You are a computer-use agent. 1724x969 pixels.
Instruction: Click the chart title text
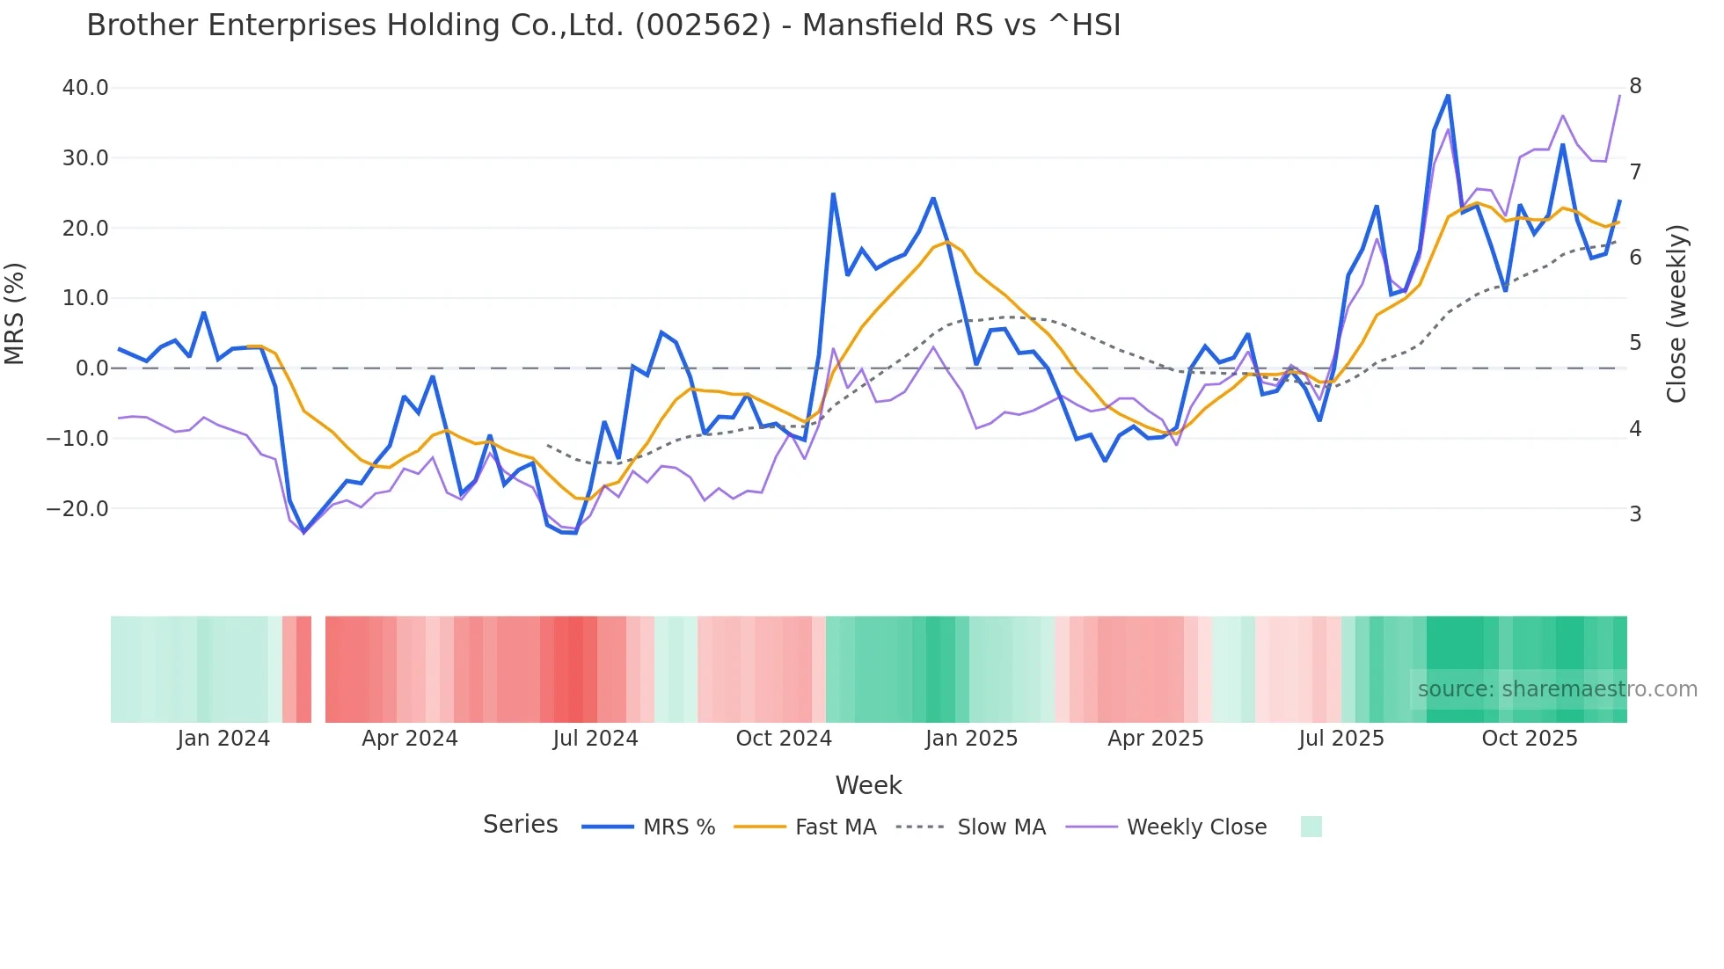(x=603, y=25)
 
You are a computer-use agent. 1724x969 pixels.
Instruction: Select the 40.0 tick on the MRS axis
(x=85, y=88)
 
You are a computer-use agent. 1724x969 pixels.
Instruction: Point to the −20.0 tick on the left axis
(x=77, y=509)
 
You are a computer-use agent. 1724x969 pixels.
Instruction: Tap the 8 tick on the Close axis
(x=1635, y=86)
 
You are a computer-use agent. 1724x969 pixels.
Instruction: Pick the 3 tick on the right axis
(x=1635, y=514)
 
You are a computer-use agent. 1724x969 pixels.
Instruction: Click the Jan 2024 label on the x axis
(x=223, y=739)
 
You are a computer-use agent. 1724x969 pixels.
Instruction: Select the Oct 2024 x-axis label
(x=784, y=739)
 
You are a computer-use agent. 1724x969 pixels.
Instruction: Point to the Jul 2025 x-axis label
(x=1341, y=739)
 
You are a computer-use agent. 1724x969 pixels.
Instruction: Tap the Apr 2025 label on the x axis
(x=1156, y=739)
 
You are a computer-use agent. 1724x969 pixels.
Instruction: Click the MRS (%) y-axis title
(x=15, y=314)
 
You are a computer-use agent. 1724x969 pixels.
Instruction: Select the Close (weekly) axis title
(x=1677, y=314)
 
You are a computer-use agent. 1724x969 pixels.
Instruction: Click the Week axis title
(x=868, y=785)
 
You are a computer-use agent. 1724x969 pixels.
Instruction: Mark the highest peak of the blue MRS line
(x=1448, y=96)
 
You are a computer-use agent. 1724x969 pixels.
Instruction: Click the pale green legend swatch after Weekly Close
(x=1311, y=827)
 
